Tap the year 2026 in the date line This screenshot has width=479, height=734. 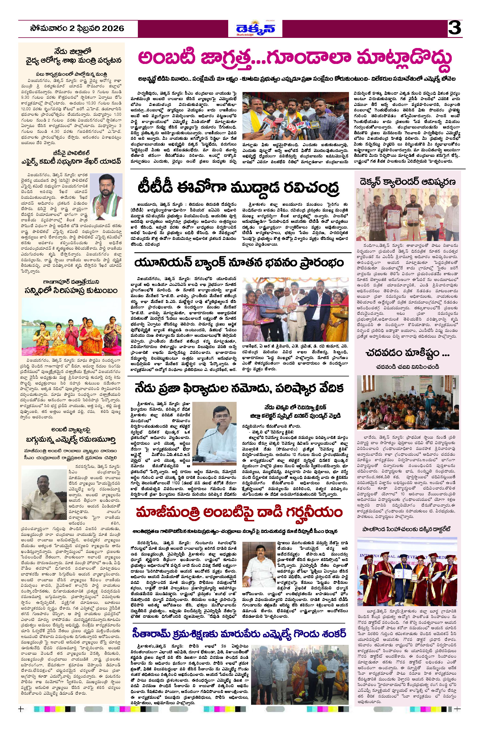tap(109, 29)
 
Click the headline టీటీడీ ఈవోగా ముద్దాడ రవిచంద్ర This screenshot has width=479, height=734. tap(238, 187)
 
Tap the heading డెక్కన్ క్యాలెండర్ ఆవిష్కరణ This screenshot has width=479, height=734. tap(407, 182)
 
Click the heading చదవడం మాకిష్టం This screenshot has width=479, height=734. tap(407, 352)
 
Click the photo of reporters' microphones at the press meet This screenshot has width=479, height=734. tap(295, 116)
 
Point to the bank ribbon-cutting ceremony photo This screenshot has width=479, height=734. tap(295, 309)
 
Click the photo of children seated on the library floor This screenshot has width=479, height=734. tap(407, 402)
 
